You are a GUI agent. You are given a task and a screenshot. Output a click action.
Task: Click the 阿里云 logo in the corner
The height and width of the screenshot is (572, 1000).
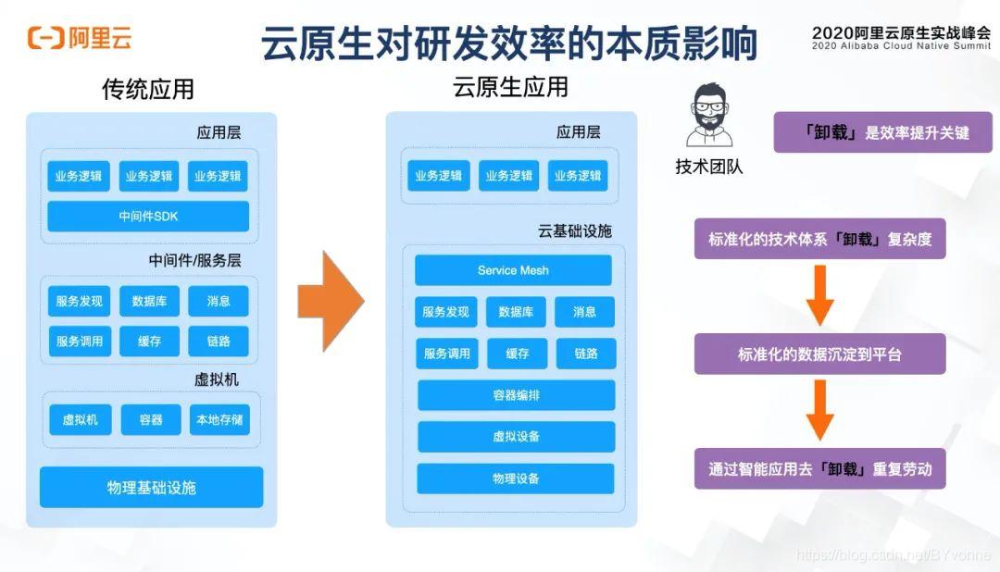tap(80, 38)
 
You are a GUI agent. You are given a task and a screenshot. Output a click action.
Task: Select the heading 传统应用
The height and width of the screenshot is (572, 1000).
tap(148, 90)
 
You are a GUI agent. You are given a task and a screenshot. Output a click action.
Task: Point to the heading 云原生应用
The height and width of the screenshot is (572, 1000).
tap(510, 88)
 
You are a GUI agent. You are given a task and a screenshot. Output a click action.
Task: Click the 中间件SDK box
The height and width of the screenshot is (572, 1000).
tap(148, 217)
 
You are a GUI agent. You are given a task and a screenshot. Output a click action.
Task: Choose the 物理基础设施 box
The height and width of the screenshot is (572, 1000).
tap(151, 488)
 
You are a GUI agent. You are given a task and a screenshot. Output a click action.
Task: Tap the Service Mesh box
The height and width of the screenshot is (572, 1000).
tap(513, 270)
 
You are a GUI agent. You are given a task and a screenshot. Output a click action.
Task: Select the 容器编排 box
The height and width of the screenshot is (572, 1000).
tap(516, 395)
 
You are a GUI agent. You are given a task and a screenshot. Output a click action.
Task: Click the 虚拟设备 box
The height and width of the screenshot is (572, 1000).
tap(516, 437)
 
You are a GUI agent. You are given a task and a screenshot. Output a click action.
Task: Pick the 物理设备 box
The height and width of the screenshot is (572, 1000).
tap(516, 479)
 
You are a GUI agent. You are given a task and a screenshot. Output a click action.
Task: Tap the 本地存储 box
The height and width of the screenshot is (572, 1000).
tap(219, 420)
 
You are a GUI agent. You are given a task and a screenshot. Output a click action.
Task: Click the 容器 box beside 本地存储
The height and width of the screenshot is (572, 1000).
tap(150, 420)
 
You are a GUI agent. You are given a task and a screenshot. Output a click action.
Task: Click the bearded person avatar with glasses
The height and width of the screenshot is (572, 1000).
tap(708, 117)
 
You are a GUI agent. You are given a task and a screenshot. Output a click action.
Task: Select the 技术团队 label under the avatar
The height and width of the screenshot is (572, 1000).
tap(708, 168)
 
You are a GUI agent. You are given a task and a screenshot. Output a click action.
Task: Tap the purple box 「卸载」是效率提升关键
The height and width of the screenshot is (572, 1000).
tap(882, 132)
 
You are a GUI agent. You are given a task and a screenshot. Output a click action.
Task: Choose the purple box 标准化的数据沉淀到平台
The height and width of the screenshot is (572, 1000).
tap(819, 354)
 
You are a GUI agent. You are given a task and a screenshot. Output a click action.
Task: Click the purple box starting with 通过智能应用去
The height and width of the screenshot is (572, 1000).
tap(819, 469)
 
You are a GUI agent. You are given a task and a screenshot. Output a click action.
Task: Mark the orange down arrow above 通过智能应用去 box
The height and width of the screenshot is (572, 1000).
tap(819, 411)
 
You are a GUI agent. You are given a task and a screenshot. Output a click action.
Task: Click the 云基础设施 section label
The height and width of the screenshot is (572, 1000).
tap(574, 231)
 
